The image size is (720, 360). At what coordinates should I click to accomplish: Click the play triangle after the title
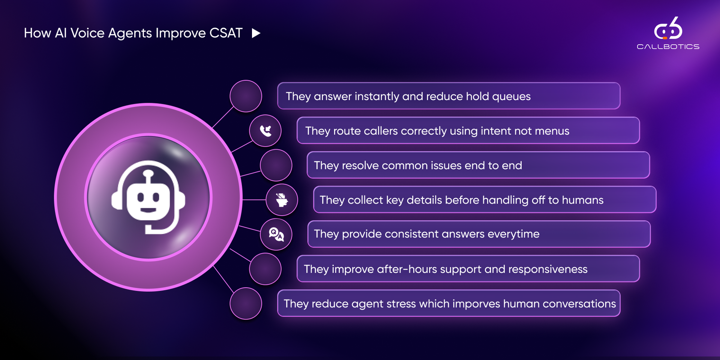point(256,33)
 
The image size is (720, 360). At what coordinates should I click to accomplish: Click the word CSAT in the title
point(226,33)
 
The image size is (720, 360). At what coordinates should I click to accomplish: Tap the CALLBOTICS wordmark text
point(668,47)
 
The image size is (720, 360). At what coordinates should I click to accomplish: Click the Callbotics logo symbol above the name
point(668,29)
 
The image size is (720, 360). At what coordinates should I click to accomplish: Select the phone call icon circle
point(265,130)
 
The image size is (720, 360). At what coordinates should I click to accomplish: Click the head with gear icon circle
point(282,200)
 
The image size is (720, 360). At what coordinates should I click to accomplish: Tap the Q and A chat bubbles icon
point(276,234)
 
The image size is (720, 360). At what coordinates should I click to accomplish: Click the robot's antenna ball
point(148,174)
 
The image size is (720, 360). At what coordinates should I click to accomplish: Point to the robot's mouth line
point(148,210)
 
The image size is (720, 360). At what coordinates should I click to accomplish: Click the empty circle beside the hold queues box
point(246,96)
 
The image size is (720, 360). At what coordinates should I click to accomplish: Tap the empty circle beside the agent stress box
point(246,303)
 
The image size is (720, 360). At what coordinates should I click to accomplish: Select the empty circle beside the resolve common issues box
point(276,165)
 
